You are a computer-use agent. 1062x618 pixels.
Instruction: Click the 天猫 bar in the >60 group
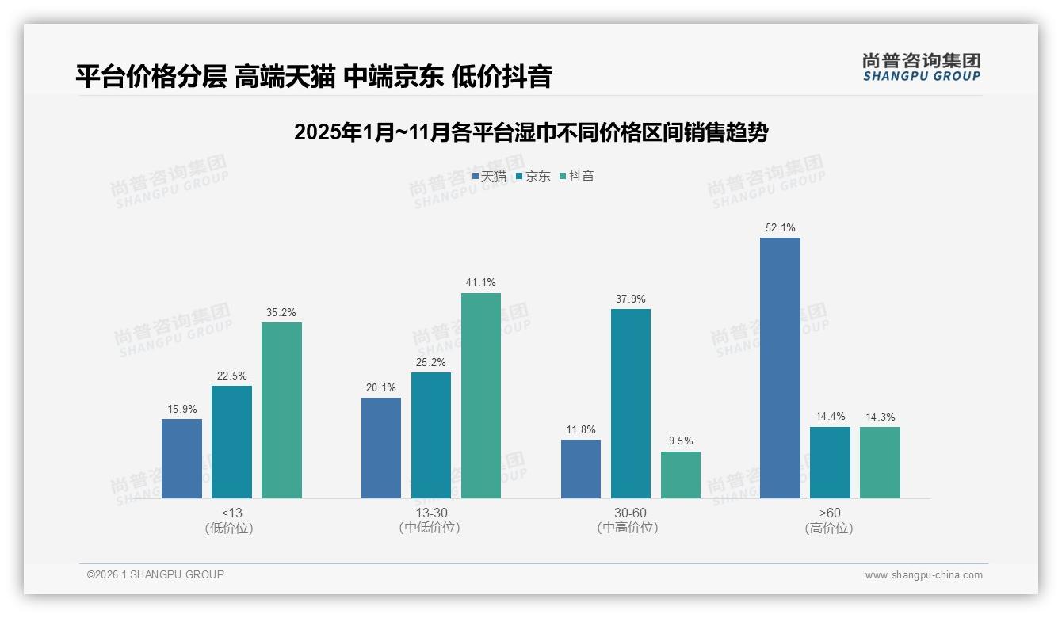tap(780, 368)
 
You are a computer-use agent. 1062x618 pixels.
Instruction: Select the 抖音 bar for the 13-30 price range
tap(481, 395)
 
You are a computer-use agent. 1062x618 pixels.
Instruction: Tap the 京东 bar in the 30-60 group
tap(631, 403)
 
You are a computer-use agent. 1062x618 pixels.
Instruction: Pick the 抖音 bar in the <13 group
tap(281, 410)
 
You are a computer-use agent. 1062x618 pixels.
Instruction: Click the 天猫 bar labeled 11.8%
tap(581, 468)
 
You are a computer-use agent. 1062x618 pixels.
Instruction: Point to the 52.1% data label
tap(780, 228)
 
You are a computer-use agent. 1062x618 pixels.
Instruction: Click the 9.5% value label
tap(681, 441)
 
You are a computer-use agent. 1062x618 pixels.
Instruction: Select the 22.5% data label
tap(231, 376)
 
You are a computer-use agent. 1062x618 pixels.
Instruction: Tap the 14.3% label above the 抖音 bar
tap(880, 417)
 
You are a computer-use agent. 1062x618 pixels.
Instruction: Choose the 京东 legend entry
tap(533, 176)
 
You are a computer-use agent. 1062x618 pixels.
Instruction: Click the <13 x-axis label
tap(231, 513)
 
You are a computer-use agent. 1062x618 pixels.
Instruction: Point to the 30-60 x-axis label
tap(630, 513)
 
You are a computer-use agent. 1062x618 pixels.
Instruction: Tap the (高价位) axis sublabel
tap(829, 528)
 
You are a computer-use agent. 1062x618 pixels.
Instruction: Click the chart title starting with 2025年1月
tap(531, 132)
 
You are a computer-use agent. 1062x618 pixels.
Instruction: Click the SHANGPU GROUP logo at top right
tap(921, 67)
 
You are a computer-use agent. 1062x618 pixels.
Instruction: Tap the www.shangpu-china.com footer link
tap(923, 574)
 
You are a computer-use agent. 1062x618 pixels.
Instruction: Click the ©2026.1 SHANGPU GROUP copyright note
tap(155, 574)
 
